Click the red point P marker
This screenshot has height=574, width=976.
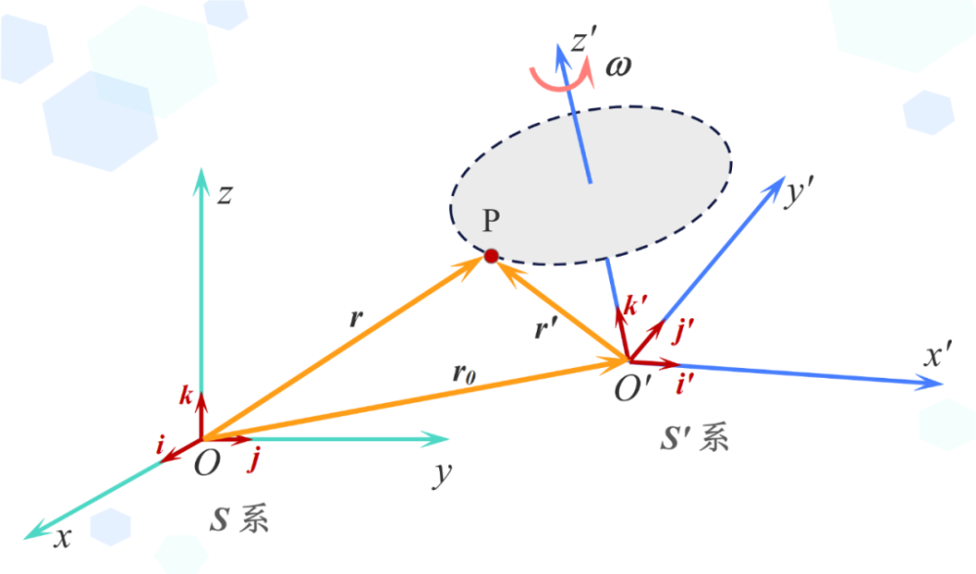[491, 256]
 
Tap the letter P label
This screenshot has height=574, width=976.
[491, 221]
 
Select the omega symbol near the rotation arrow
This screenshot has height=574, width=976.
[618, 66]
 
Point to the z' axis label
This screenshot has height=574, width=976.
[584, 41]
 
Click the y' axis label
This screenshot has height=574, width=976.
[799, 193]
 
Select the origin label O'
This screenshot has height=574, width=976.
[632, 389]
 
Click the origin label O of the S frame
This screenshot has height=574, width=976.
[207, 463]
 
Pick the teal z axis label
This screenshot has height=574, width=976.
[224, 195]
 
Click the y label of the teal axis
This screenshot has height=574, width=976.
[442, 475]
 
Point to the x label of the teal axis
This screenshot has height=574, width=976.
[62, 538]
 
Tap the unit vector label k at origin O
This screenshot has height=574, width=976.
[186, 395]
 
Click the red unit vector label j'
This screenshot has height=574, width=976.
[683, 331]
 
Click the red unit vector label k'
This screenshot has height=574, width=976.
[635, 305]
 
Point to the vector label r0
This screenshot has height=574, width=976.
[465, 374]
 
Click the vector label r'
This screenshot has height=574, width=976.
[546, 328]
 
